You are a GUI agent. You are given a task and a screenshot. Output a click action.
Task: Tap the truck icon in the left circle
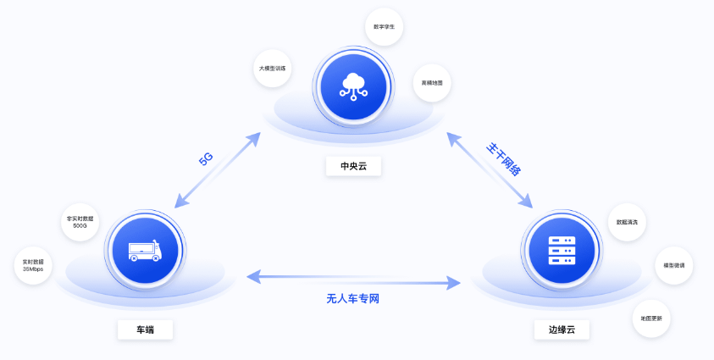(x=144, y=250)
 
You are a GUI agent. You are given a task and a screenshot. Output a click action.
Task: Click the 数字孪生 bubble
(x=384, y=27)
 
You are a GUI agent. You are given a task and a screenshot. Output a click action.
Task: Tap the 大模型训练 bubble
(x=272, y=68)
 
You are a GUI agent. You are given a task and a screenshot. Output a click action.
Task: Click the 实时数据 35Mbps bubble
(x=34, y=266)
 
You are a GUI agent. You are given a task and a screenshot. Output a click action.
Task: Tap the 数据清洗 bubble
(x=628, y=222)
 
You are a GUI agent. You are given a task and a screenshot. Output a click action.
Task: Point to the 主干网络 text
(x=502, y=158)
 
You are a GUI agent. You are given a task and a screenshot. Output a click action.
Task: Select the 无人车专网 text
(x=358, y=298)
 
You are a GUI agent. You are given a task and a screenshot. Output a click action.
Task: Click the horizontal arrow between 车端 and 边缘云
(x=358, y=278)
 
